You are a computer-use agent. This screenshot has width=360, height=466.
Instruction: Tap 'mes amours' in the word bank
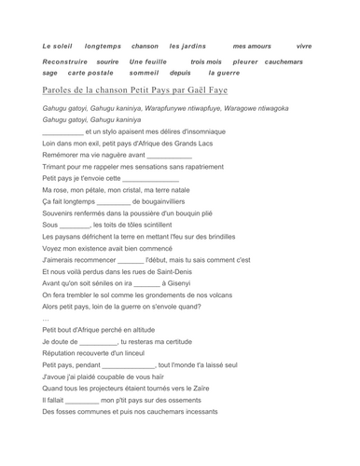tap(252, 46)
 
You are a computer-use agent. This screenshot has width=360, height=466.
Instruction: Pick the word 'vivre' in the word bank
tap(304, 46)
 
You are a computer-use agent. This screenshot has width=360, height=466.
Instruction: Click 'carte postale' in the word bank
tap(91, 72)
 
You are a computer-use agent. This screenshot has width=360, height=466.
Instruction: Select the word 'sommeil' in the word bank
tap(144, 72)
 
